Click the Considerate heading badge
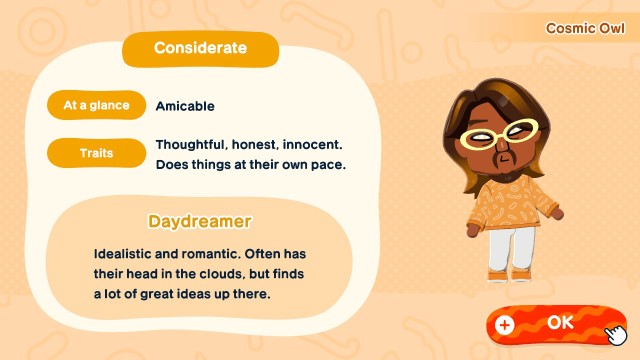[x=200, y=48]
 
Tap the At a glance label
[x=96, y=105]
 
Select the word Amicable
[x=185, y=106]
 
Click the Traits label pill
[x=96, y=153]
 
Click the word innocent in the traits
[x=312, y=145]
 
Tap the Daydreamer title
[x=199, y=221]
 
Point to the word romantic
[x=212, y=254]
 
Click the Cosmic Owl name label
[x=585, y=28]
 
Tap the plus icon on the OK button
[x=504, y=325]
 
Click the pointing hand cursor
[x=616, y=334]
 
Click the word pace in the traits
[x=331, y=164]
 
